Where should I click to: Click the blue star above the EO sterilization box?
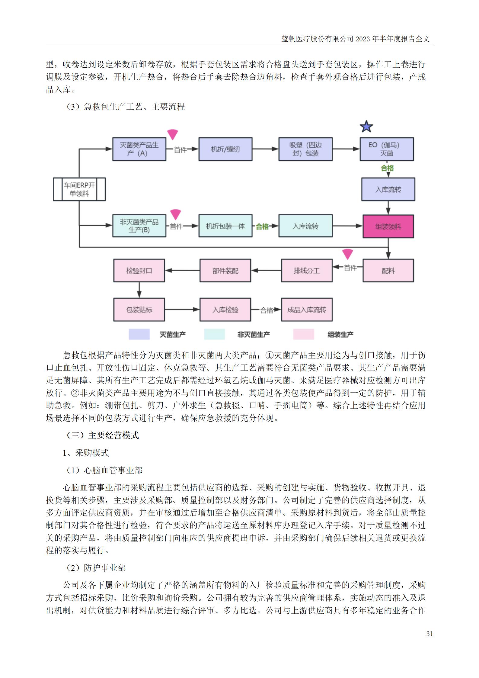pyautogui.click(x=366, y=127)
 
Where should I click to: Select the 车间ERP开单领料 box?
pyautogui.click(x=79, y=189)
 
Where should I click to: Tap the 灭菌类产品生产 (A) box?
pyautogui.click(x=139, y=149)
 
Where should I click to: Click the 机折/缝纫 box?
pyautogui.click(x=225, y=149)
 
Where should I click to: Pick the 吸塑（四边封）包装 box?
pyautogui.click(x=305, y=149)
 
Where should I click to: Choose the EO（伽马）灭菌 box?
pyautogui.click(x=386, y=149)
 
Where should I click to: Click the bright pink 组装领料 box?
pyautogui.click(x=388, y=227)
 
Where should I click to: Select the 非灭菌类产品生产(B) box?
pyautogui.click(x=139, y=226)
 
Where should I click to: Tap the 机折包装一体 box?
pyautogui.click(x=225, y=226)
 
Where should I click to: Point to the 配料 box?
pyautogui.click(x=388, y=271)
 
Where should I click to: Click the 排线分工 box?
pyautogui.click(x=307, y=271)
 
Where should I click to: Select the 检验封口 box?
pyautogui.click(x=139, y=271)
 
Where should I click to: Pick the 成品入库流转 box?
pyautogui.click(x=307, y=310)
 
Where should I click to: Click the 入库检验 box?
pyautogui.click(x=225, y=310)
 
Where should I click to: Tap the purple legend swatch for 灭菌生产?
pyautogui.click(x=139, y=334)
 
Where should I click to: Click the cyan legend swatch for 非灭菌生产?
pyautogui.click(x=214, y=334)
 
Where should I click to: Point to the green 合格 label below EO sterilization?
pyautogui.click(x=387, y=168)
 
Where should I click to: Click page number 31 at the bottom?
pyautogui.click(x=430, y=634)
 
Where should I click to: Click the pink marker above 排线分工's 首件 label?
pyautogui.click(x=348, y=254)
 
